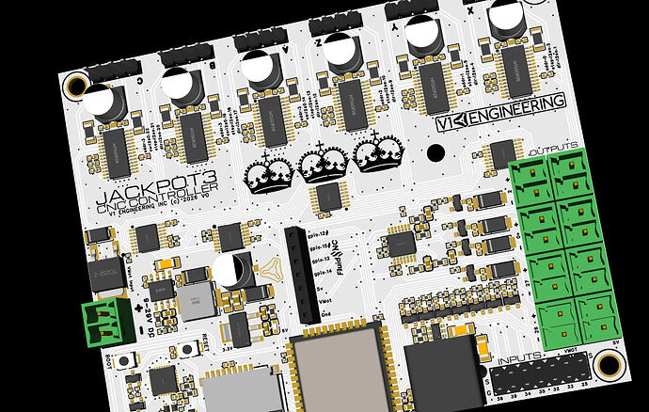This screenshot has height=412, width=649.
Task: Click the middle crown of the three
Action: coord(322,164)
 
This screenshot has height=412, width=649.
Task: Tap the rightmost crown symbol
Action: coord(376,153)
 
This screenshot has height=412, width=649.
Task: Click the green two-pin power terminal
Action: coord(105,322)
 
